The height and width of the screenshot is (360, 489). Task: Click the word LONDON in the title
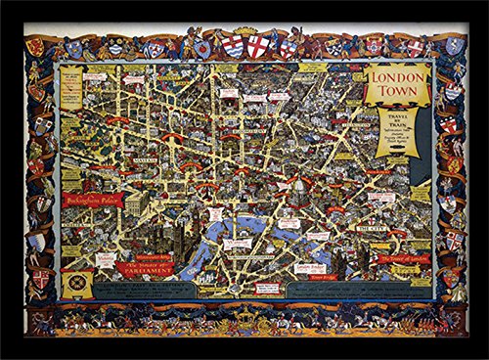coord(397,76)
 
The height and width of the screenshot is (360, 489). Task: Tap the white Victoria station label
coord(107,259)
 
